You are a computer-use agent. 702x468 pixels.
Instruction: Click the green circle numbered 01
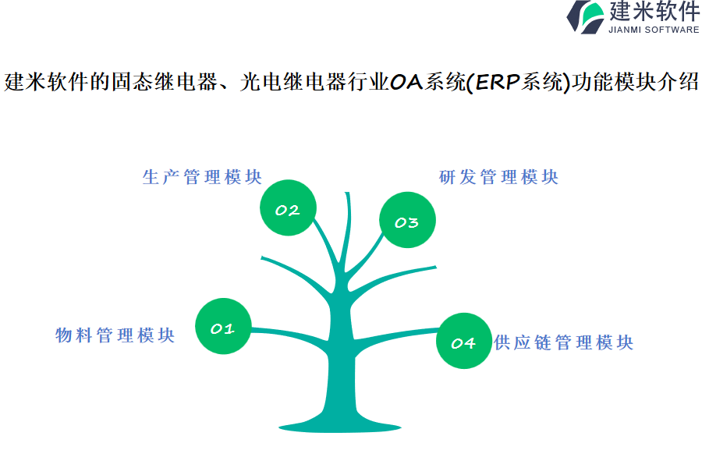coord(223,326)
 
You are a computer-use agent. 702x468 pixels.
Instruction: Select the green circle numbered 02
coord(288,207)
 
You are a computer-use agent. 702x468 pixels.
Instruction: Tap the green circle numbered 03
coord(407,220)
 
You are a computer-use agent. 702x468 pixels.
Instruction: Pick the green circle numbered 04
coord(464,341)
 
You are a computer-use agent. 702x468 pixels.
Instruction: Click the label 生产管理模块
coord(202,177)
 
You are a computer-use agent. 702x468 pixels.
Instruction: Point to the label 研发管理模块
coord(498,177)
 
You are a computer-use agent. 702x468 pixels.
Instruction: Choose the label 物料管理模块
coord(115,335)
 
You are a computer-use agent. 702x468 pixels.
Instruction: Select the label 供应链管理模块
coord(564,342)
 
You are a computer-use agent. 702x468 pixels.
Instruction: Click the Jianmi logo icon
coord(586,17)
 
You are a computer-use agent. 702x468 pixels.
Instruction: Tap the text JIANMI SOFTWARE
coord(654,30)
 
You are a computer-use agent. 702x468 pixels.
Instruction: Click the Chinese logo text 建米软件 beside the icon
coord(654,11)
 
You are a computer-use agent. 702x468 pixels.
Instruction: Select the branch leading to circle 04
coord(396,336)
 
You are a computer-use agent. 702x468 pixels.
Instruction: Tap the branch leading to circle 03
coord(365,257)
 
